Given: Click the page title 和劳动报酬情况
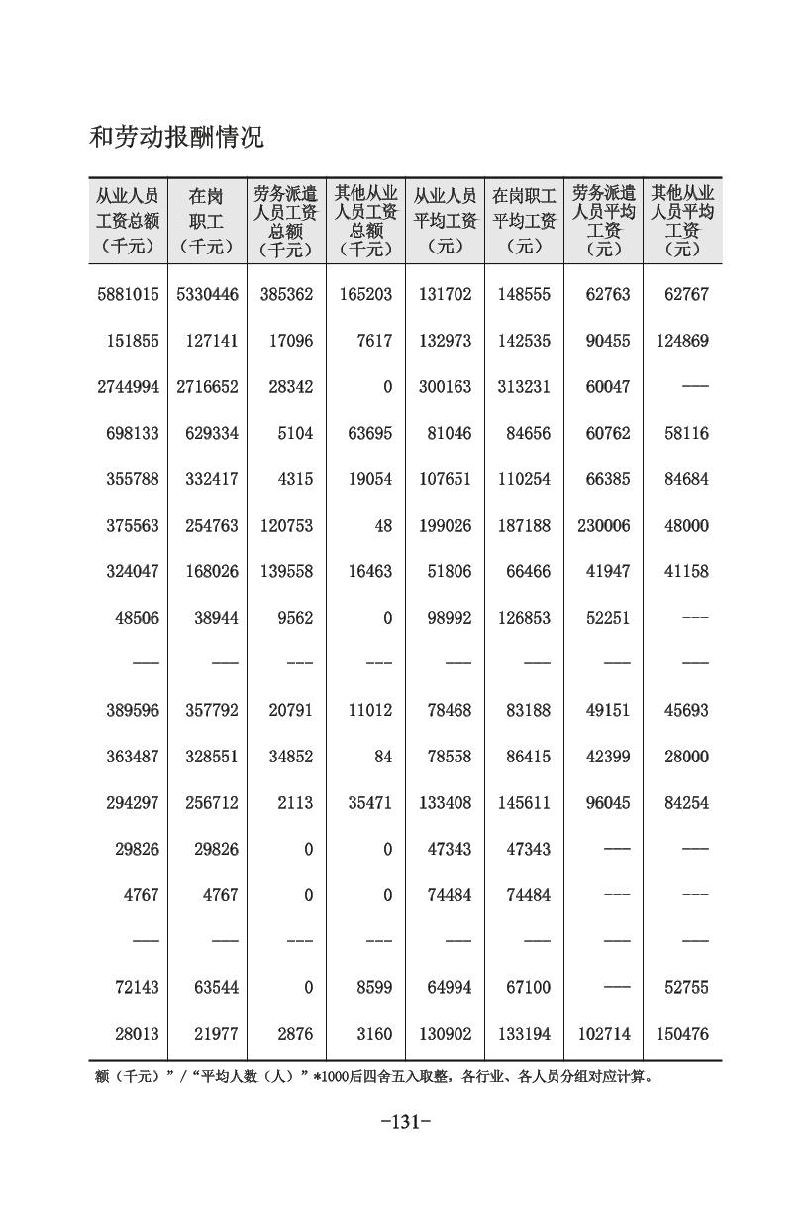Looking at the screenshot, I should click(176, 137).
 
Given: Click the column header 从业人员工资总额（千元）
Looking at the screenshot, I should click(128, 220).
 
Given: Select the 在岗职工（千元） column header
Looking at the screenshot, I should click(207, 220).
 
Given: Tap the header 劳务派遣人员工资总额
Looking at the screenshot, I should click(286, 220).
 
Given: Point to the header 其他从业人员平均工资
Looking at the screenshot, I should click(682, 220).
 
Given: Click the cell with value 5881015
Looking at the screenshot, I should click(128, 294).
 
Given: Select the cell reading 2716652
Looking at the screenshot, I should click(207, 387).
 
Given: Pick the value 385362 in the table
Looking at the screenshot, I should click(286, 294).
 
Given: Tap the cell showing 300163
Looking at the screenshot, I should click(445, 387).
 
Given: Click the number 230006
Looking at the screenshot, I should click(603, 526).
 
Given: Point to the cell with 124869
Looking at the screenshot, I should click(682, 341).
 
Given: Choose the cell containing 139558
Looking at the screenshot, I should click(286, 571).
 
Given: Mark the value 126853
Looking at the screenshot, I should click(524, 618).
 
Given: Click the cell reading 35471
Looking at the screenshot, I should click(365, 803).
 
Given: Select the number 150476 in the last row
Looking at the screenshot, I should click(682, 1034).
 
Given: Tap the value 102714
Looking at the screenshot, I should click(603, 1034).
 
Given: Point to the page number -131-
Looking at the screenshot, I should click(406, 1122).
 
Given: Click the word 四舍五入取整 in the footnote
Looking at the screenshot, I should click(412, 1077).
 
